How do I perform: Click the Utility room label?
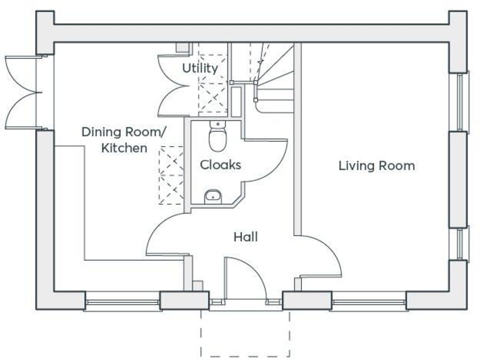(200, 67)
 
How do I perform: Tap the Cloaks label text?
(220, 165)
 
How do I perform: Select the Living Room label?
(376, 166)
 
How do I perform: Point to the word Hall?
(246, 237)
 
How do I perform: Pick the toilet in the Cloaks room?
(217, 137)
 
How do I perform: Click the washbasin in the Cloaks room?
(213, 196)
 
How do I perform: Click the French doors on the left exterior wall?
(22, 91)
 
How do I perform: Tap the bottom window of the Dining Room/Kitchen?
(122, 304)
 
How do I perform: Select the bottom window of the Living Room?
(369, 304)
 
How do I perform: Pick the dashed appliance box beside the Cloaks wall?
(171, 175)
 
